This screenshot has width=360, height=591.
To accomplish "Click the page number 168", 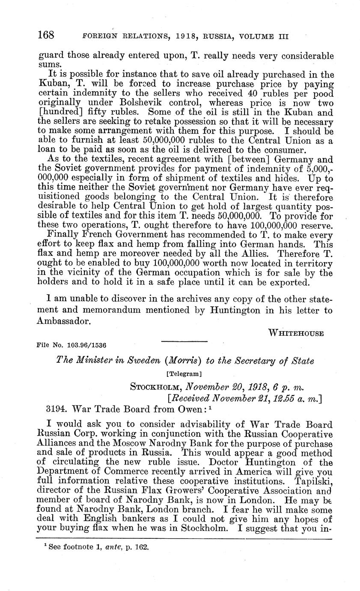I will tap(46, 35).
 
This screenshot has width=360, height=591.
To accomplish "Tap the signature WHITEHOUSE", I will tap(296, 332).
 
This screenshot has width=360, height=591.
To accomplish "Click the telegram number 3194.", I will tap(55, 409).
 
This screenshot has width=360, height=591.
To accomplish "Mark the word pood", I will tap(324, 93).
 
